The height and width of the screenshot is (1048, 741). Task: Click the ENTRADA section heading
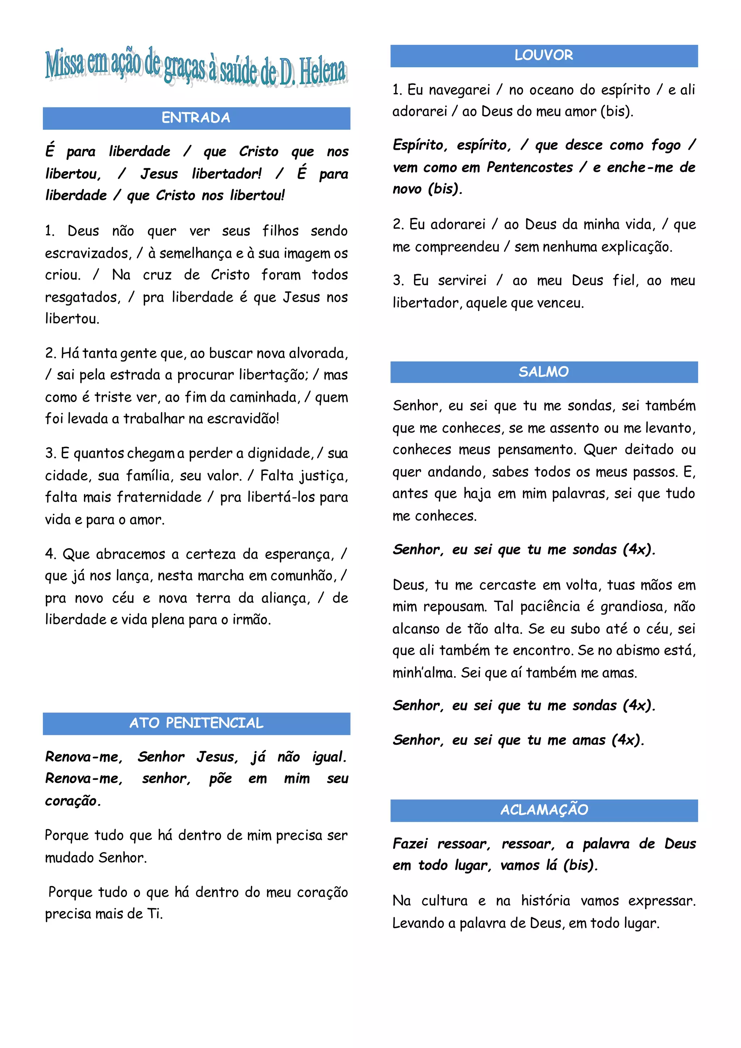tap(196, 118)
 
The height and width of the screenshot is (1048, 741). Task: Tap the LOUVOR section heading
tap(543, 56)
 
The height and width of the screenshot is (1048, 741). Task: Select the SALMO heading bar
tap(543, 372)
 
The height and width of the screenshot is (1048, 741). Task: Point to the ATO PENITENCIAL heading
tap(196, 723)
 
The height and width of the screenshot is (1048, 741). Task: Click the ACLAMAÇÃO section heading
tap(544, 810)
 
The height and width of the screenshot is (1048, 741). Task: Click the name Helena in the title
tap(322, 72)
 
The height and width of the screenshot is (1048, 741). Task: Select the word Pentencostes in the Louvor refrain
tap(529, 168)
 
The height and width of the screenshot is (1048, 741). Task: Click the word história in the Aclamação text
tap(546, 901)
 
